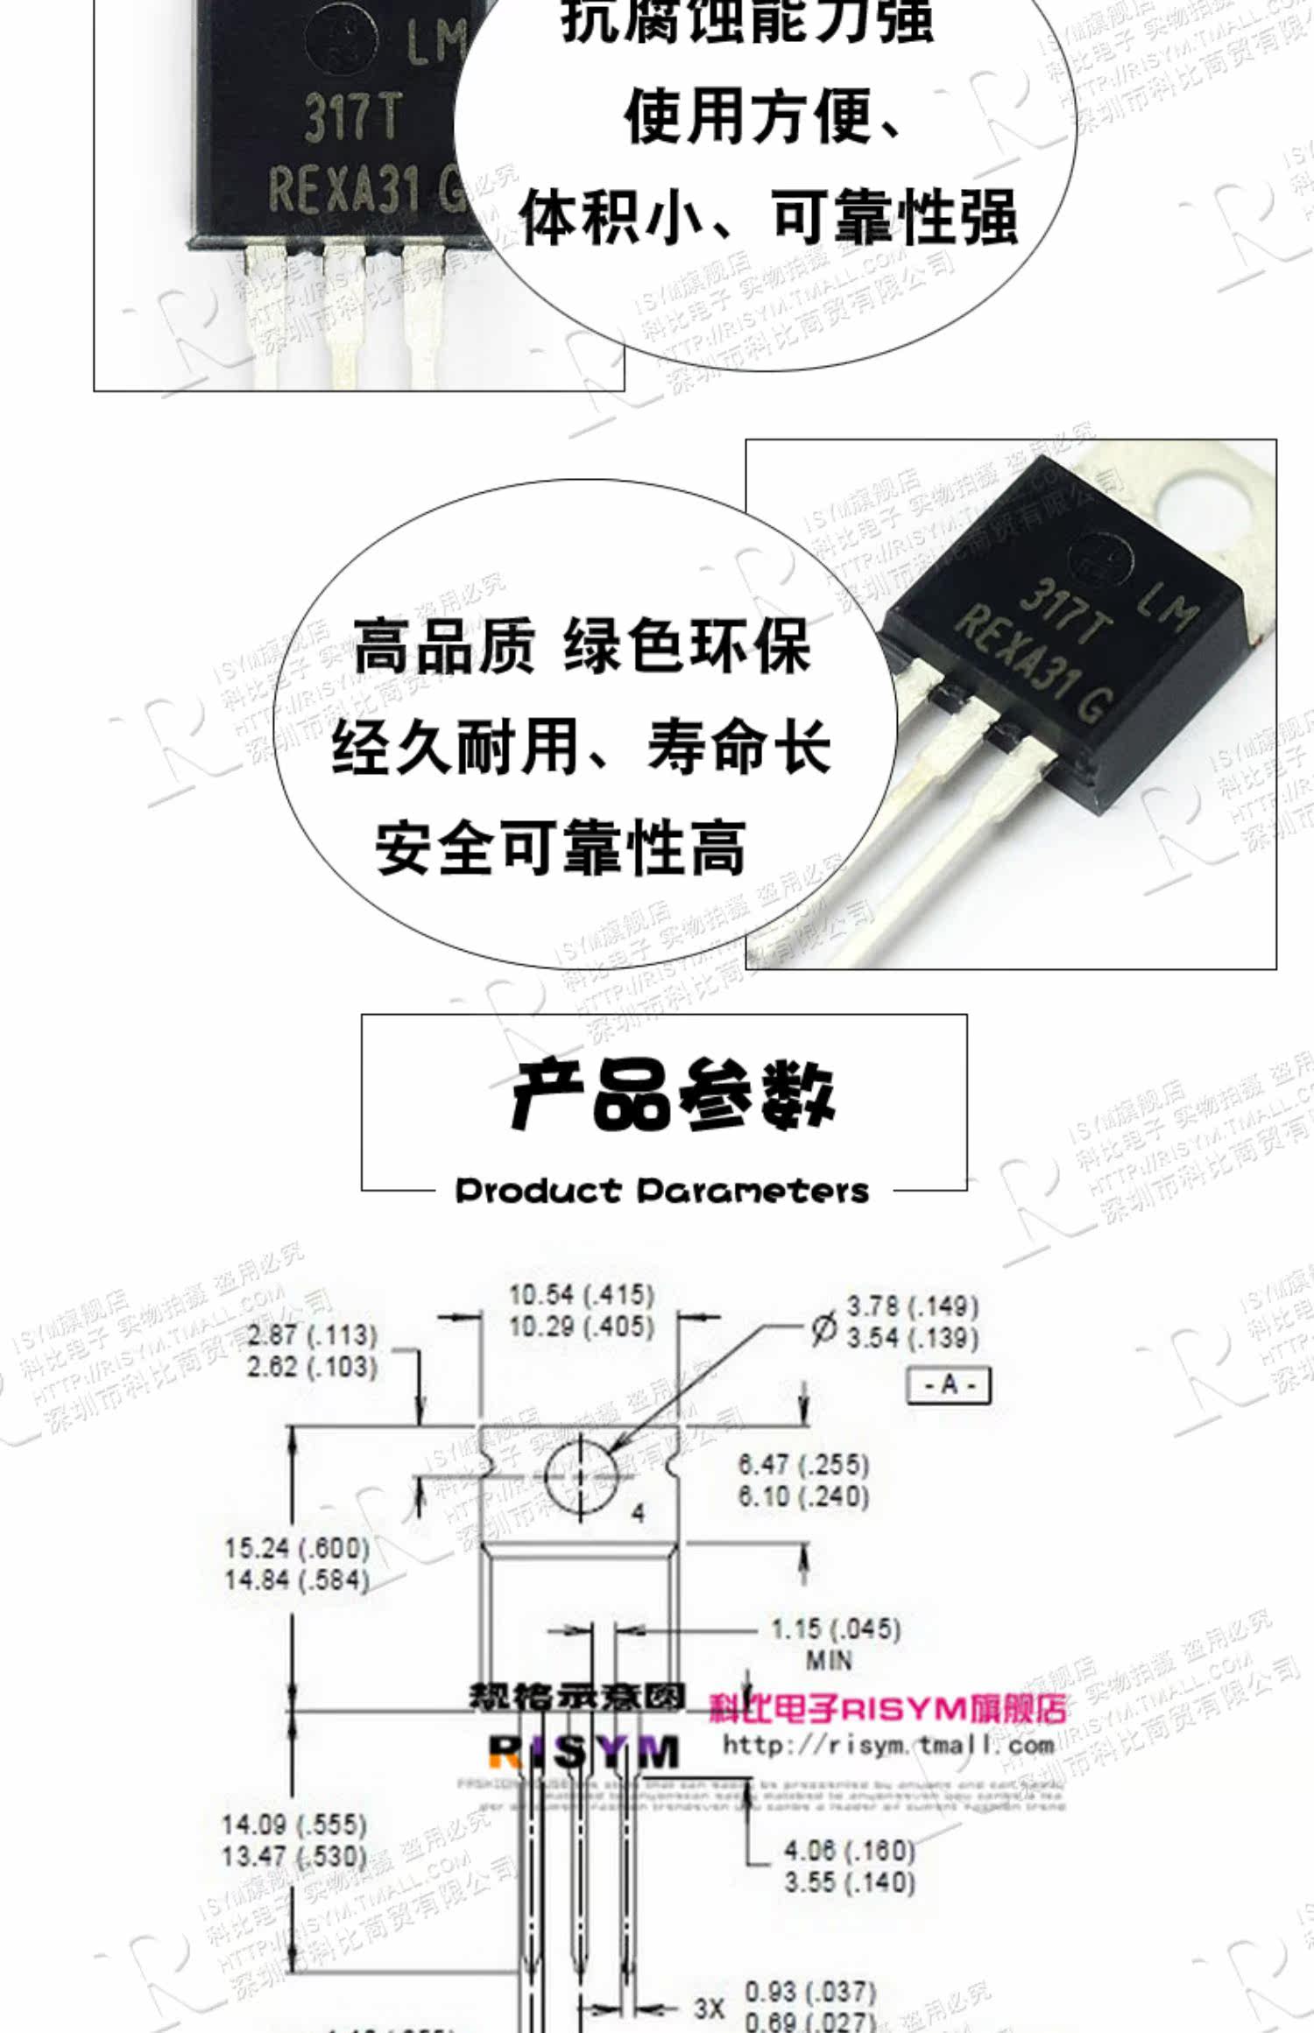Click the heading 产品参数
pyautogui.click(x=673, y=1094)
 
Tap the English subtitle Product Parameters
pyautogui.click(x=662, y=1191)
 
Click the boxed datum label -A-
pyautogui.click(x=949, y=1385)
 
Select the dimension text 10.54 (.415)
pyautogui.click(x=582, y=1295)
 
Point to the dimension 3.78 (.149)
pyautogui.click(x=911, y=1307)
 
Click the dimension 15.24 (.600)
pyautogui.click(x=297, y=1548)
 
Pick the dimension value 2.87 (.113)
pyautogui.click(x=312, y=1336)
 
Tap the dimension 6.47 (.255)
pyautogui.click(x=803, y=1464)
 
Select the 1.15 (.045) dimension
pyautogui.click(x=835, y=1629)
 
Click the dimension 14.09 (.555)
pyautogui.click(x=293, y=1825)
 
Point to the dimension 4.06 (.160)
pyautogui.click(x=849, y=1850)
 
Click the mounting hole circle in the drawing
pyautogui.click(x=579, y=1476)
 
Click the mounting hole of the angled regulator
pyautogui.click(x=1207, y=500)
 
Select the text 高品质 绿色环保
pyautogui.click(x=582, y=646)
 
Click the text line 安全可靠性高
pyautogui.click(x=561, y=848)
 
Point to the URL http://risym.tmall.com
pyautogui.click(x=887, y=1745)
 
